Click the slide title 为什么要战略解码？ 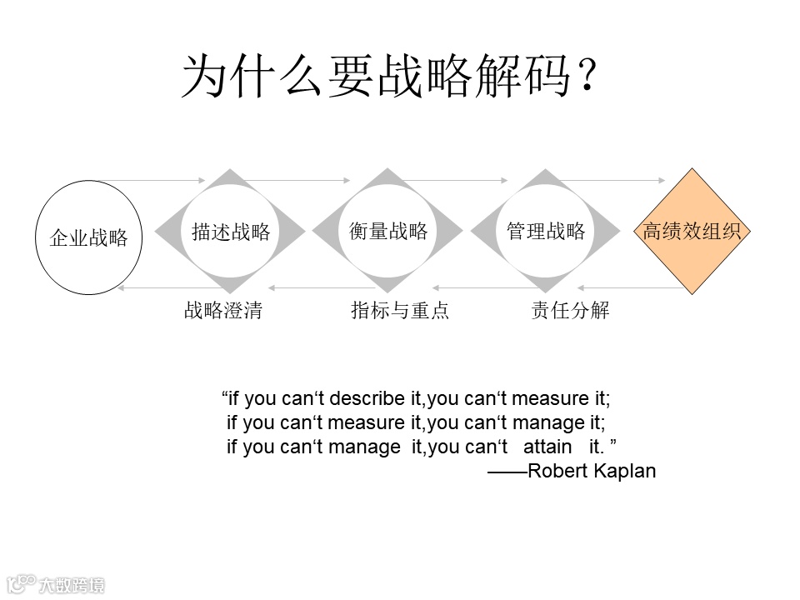389,77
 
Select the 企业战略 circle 88,238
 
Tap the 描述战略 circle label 231,232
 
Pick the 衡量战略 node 387,231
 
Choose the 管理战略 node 546,231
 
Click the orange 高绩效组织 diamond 691,232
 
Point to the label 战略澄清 222,311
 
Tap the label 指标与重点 400,311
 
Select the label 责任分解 570,311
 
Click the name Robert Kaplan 592,471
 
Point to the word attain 547,447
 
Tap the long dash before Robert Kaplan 507,472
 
